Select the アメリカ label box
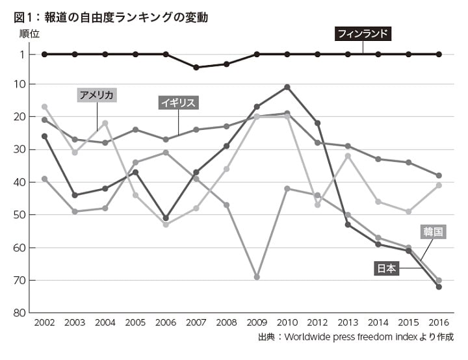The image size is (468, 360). click(97, 95)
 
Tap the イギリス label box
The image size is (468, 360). click(178, 103)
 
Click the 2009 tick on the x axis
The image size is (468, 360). click(257, 323)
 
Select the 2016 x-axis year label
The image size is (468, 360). click(439, 323)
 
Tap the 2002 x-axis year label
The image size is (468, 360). click(44, 323)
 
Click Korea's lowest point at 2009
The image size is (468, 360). click(257, 277)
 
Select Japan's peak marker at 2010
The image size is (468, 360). click(287, 87)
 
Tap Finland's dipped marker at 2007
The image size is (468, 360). click(196, 67)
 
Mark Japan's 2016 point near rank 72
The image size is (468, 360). click(439, 287)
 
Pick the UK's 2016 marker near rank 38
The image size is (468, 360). click(439, 175)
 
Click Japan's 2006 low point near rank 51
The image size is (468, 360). click(166, 218)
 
